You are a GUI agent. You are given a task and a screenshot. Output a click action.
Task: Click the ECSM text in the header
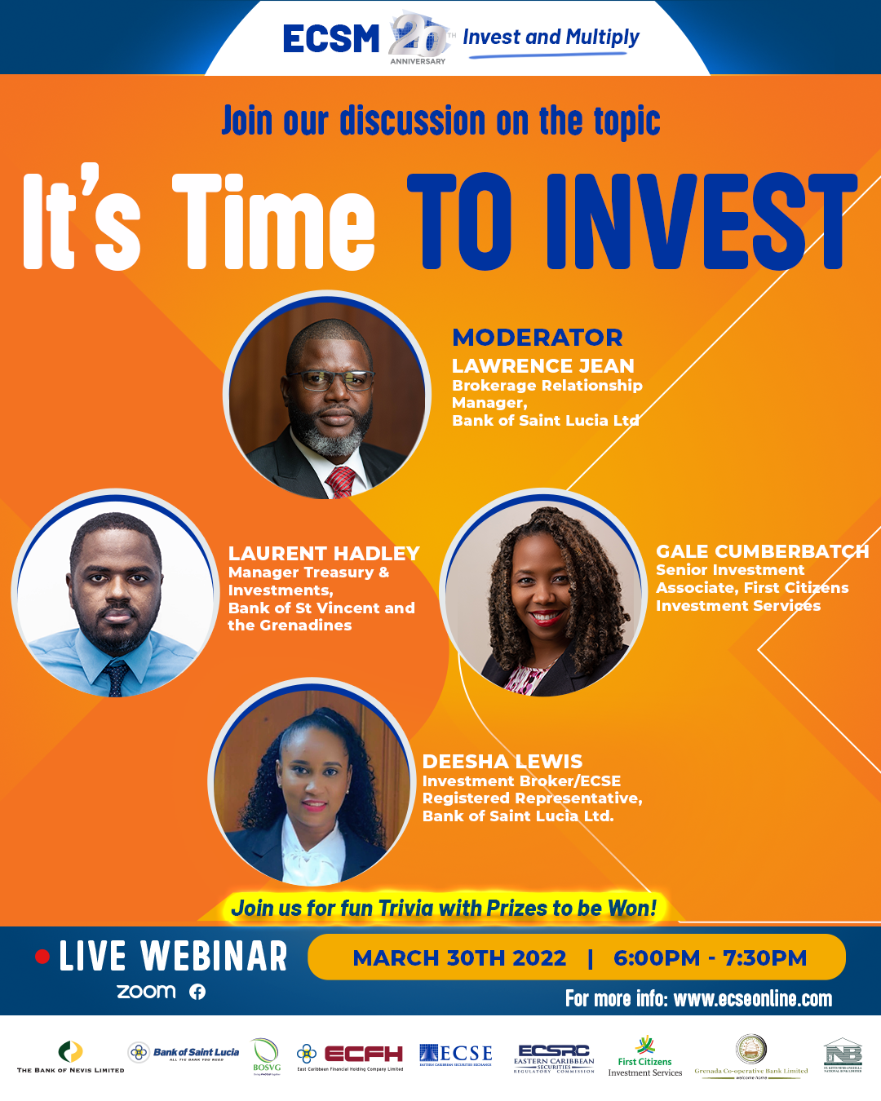[331, 39]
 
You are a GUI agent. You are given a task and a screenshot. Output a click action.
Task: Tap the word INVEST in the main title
[702, 222]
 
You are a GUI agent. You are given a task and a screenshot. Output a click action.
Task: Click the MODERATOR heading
[538, 337]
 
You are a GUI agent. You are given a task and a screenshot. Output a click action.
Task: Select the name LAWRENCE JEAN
[543, 365]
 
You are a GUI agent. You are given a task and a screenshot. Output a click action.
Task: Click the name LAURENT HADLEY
[324, 553]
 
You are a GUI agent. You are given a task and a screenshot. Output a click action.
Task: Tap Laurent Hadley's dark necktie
[115, 676]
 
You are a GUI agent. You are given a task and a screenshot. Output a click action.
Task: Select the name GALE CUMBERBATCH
[762, 551]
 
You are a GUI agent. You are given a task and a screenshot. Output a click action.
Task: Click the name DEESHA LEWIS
[502, 761]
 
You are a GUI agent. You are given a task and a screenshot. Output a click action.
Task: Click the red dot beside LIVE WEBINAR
[42, 956]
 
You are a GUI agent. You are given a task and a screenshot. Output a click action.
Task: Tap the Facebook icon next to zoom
[197, 992]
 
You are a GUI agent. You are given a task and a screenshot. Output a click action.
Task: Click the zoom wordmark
[146, 992]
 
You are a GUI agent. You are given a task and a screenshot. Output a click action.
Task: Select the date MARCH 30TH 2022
[459, 957]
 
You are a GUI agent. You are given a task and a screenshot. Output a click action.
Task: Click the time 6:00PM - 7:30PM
[710, 957]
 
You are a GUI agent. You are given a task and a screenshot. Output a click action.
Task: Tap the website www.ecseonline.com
[752, 999]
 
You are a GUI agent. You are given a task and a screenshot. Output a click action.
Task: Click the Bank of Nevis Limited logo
[70, 1057]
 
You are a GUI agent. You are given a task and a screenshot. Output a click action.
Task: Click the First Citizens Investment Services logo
[644, 1057]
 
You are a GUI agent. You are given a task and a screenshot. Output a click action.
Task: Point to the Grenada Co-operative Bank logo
[750, 1057]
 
